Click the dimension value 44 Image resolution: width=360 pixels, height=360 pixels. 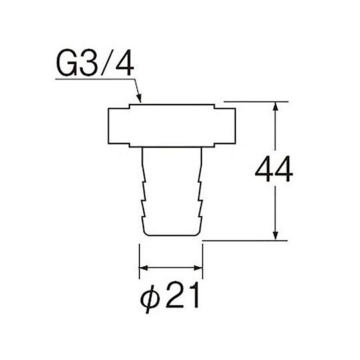(274, 172)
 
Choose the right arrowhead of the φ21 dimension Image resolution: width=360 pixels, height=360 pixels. (199, 269)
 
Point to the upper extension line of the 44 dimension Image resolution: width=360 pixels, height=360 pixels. (260, 102)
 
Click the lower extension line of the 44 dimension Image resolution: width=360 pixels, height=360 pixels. (247, 240)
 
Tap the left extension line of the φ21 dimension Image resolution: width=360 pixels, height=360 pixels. (139, 260)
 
